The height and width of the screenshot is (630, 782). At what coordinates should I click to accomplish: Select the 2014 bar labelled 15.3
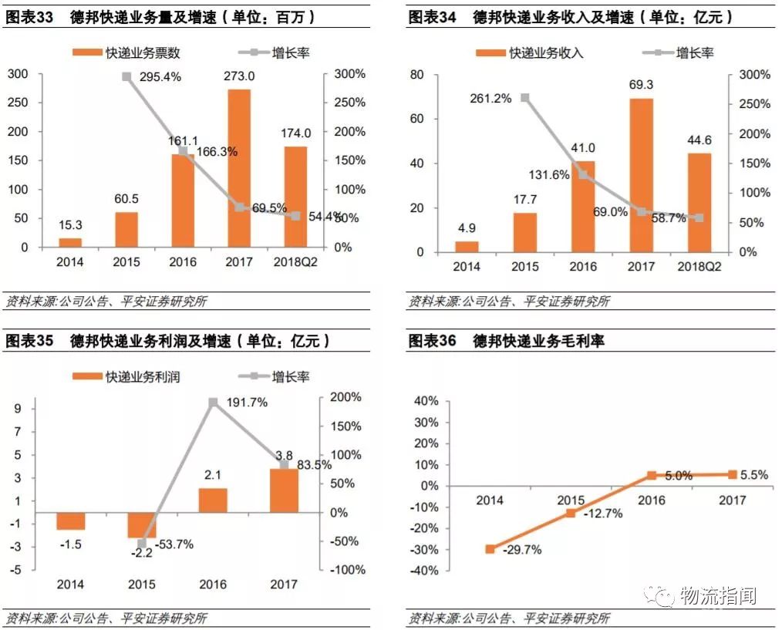click(70, 242)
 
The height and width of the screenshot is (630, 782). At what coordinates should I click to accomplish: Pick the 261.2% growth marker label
click(491, 99)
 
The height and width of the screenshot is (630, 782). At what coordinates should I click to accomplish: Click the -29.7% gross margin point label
click(522, 550)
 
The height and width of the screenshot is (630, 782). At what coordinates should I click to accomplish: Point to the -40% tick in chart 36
click(425, 571)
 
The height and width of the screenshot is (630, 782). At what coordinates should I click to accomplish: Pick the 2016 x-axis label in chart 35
click(212, 585)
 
